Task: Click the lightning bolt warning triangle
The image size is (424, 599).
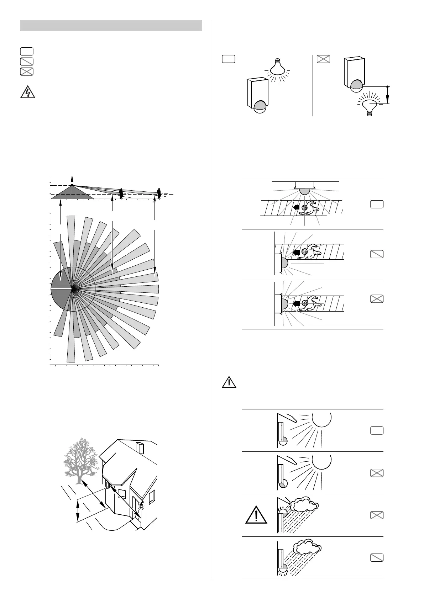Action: tap(27, 92)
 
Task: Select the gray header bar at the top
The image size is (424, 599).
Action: tap(111, 26)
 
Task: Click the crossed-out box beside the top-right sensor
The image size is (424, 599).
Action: tap(323, 59)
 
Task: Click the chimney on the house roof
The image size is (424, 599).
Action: tap(140, 447)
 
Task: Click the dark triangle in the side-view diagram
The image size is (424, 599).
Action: tap(72, 192)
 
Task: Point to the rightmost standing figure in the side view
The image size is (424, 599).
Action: tap(159, 193)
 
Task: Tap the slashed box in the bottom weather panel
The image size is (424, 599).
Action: tap(377, 557)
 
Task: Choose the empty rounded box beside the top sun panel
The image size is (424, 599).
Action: tap(377, 430)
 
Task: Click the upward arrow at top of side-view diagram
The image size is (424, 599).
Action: tap(72, 178)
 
